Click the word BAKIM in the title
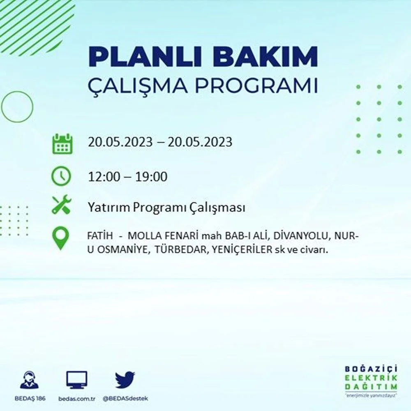click(x=265, y=57)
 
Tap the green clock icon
click(x=61, y=176)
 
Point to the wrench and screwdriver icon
click(x=61, y=204)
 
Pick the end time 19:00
click(x=151, y=177)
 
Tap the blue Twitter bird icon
click(x=125, y=379)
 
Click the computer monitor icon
click(x=76, y=380)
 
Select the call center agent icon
click(x=29, y=379)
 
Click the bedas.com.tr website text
click(x=76, y=399)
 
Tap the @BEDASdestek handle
click(x=125, y=399)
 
